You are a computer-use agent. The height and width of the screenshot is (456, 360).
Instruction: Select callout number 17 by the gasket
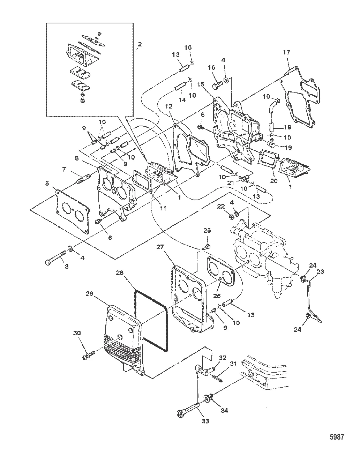[x=286, y=53]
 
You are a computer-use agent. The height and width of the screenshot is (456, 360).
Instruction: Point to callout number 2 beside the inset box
[x=140, y=44]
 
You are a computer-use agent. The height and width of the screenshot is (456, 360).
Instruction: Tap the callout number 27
[x=160, y=247]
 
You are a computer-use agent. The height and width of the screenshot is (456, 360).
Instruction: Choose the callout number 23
[x=311, y=270]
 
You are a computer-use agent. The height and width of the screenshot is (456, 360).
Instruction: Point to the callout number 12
[x=169, y=106]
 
